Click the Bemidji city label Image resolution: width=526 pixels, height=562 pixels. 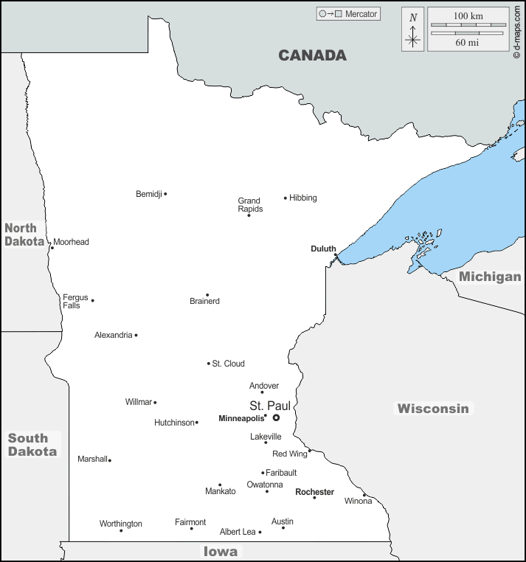(x=148, y=194)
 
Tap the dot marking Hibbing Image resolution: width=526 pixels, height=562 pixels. (x=286, y=198)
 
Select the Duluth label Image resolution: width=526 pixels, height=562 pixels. (x=323, y=249)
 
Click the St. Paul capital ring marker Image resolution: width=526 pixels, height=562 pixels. (x=276, y=417)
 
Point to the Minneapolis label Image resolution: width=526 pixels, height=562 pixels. (x=240, y=418)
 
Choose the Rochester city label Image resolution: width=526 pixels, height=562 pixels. (x=314, y=492)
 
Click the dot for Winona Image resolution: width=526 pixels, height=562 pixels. (x=364, y=495)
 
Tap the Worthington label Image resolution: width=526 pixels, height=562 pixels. (x=121, y=524)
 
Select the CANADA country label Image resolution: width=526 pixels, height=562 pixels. (x=312, y=55)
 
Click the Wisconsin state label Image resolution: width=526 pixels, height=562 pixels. (x=433, y=408)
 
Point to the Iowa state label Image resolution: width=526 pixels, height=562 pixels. (x=221, y=551)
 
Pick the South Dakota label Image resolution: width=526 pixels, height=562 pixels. (x=32, y=445)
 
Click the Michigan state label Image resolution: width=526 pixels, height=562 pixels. (x=490, y=277)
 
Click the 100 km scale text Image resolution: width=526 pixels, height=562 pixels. (x=468, y=15)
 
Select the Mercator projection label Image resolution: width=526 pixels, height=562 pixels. (x=361, y=14)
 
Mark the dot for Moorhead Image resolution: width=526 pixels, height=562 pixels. (x=52, y=247)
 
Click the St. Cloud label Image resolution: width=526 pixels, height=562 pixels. (x=228, y=364)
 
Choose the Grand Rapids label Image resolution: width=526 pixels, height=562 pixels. (x=249, y=204)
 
